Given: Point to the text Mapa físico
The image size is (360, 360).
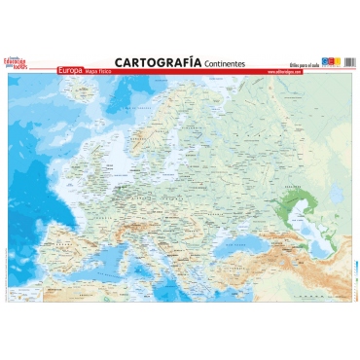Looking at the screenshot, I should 100,71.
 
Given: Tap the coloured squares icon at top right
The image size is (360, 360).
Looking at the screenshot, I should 331,61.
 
